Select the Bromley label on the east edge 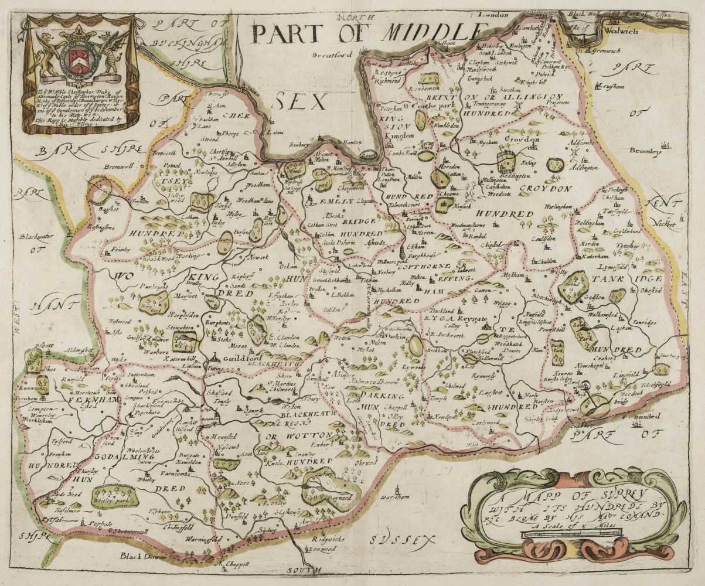coord(645,151)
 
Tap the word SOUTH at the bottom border coord(304,569)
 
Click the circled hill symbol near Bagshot coord(100,192)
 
